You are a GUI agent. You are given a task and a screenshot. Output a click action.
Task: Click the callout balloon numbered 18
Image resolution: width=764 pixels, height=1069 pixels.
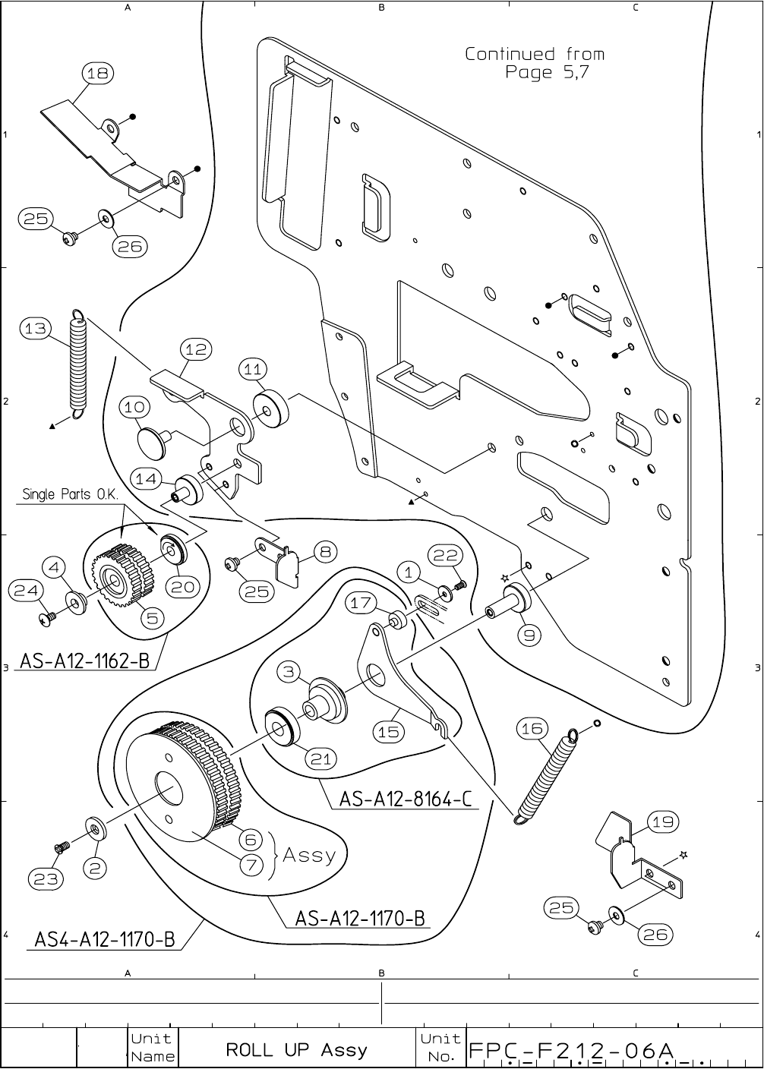(97, 73)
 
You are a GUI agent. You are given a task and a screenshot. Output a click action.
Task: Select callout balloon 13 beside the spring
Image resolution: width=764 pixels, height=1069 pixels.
(35, 329)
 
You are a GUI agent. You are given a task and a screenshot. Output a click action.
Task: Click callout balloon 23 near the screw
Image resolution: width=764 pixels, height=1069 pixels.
(46, 878)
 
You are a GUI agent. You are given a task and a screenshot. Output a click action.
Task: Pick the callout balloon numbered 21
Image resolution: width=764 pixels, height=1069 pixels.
(322, 758)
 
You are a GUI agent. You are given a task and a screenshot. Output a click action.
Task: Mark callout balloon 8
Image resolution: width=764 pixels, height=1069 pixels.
(324, 552)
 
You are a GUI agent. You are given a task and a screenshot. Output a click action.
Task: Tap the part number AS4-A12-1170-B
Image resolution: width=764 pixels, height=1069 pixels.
(105, 939)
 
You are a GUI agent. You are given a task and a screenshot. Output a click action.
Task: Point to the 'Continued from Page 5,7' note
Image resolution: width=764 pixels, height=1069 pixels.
(535, 63)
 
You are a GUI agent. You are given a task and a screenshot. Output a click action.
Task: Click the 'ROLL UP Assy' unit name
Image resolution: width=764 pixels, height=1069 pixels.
(296, 1050)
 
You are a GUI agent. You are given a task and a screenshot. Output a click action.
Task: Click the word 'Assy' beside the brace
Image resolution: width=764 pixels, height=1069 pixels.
(308, 855)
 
